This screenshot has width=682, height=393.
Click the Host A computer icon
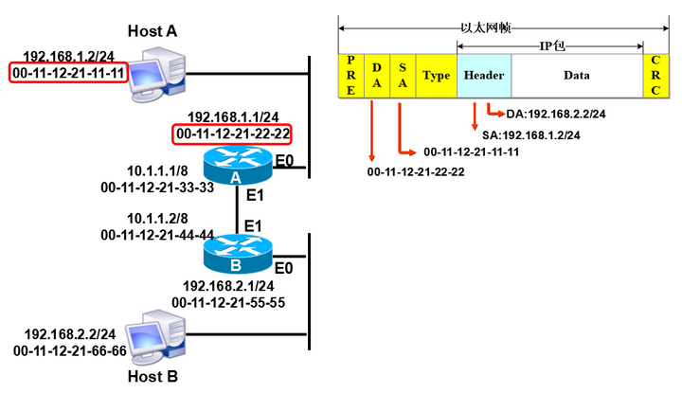coord(158,75)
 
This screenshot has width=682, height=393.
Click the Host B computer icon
coord(155,337)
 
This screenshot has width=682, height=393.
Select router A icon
coord(238,165)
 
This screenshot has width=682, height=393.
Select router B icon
coord(238,254)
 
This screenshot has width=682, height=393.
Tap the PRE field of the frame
coord(351,76)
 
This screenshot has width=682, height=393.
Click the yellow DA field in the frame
coord(377,76)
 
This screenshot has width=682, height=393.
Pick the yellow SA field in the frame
coord(403,76)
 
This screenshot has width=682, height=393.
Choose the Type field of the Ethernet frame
coord(437,76)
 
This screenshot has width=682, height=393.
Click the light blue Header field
coord(484,76)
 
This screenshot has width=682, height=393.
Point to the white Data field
coord(577,76)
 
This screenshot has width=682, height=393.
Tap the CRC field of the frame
coord(655,76)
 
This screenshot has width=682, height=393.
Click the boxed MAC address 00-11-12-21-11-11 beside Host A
coord(69,73)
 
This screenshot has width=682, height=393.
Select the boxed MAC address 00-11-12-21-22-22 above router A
coord(233,134)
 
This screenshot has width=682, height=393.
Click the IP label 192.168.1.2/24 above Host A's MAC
coord(69,56)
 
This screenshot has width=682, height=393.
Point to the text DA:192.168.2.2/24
coord(556,114)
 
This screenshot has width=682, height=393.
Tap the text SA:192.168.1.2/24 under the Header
coord(531,135)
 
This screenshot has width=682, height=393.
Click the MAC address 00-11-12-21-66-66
coord(70,350)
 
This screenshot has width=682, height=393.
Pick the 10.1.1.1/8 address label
coord(157,170)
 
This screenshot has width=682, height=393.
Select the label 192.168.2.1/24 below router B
coord(228,286)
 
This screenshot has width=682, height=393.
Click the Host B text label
coord(153,377)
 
